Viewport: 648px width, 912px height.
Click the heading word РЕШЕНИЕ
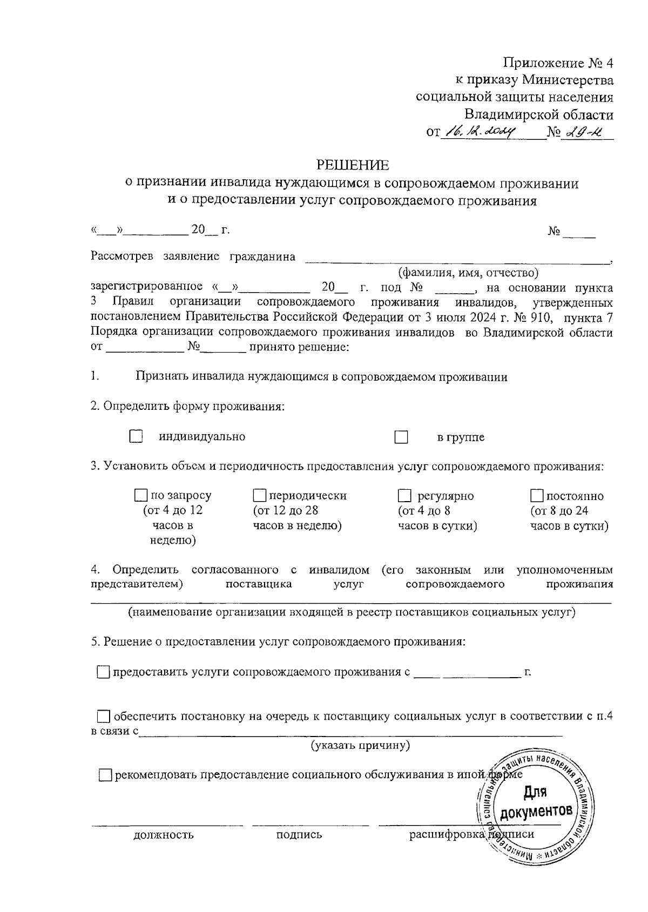[x=352, y=165]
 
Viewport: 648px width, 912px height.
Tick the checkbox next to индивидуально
[x=136, y=437]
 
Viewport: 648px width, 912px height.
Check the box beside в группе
[x=401, y=437]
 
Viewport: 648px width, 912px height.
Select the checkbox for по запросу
[x=141, y=495]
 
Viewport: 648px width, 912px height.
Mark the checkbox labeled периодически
[x=260, y=495]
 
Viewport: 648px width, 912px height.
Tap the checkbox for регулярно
[x=404, y=495]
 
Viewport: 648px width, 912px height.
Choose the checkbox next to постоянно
[x=537, y=496]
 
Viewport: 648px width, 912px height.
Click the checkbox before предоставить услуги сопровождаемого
[x=103, y=672]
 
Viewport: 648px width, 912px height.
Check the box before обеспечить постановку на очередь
[x=103, y=717]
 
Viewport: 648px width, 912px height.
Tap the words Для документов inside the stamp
[x=536, y=802]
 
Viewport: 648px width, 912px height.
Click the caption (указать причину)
[x=360, y=746]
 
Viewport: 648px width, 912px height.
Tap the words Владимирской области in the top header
[x=539, y=114]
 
